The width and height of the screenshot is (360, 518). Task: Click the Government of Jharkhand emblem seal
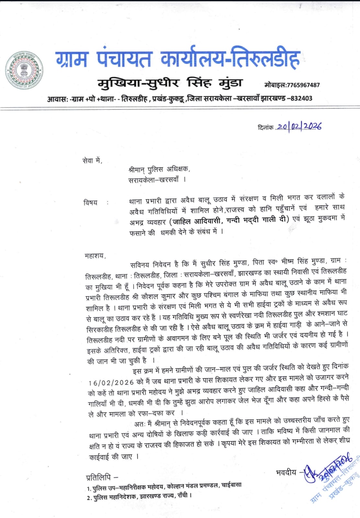click(25, 70)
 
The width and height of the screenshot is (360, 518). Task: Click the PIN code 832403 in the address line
click(301, 98)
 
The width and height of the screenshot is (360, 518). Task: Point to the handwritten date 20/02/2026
click(299, 127)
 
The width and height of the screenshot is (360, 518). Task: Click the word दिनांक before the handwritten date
click(265, 128)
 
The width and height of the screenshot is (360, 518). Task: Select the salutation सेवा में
click(92, 161)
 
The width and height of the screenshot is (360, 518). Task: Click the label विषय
click(90, 203)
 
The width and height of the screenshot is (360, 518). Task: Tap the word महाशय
click(95, 255)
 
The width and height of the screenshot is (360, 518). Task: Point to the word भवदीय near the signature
click(286, 472)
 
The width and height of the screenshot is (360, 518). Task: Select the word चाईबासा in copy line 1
click(231, 485)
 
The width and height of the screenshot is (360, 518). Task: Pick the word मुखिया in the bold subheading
click(119, 84)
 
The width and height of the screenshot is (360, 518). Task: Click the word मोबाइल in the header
click(275, 85)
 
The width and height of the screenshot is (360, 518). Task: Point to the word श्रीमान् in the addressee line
click(136, 169)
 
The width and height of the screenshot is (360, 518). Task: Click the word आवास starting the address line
click(57, 99)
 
